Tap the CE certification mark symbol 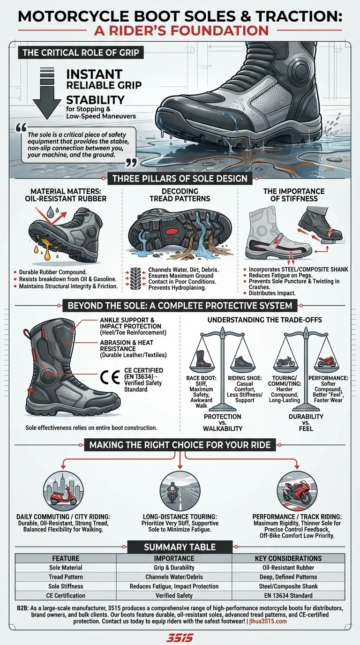coord(110,378)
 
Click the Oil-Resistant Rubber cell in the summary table coord(288,568)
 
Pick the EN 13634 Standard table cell coord(288,595)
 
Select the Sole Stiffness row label coord(66,586)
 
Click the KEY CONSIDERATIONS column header coord(288,558)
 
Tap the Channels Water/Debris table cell coord(174,577)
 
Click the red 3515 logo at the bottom coord(180,637)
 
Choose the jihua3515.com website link coord(266,621)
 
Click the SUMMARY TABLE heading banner coord(180,547)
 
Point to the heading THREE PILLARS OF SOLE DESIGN coord(180,178)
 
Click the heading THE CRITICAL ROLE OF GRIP coord(81,52)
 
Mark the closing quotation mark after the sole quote coord(131,163)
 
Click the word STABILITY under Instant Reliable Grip coord(95,100)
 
